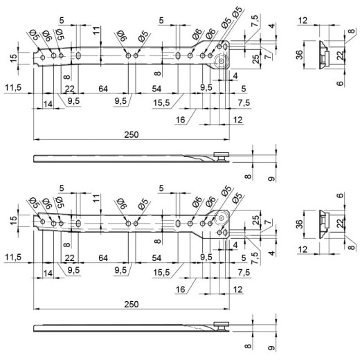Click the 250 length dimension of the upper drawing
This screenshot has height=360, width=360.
pyautogui.click(x=132, y=134)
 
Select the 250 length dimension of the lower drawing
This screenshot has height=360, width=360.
pyautogui.click(x=132, y=305)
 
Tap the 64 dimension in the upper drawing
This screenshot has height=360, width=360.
pyautogui.click(x=103, y=89)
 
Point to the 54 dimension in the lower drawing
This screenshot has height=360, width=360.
pyautogui.click(x=156, y=258)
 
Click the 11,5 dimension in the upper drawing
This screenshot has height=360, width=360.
pyautogui.click(x=13, y=88)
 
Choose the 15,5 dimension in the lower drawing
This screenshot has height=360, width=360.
pyautogui.click(x=161, y=272)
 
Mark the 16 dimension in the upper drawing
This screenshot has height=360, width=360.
pyautogui.click(x=180, y=120)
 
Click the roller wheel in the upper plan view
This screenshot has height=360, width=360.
pyautogui.click(x=222, y=61)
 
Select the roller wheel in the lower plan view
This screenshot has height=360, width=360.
pyautogui.click(x=222, y=218)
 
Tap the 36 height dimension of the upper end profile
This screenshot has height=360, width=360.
pyautogui.click(x=299, y=55)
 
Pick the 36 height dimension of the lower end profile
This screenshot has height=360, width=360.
pyautogui.click(x=299, y=224)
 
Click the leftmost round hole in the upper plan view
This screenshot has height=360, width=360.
pyautogui.click(x=43, y=57)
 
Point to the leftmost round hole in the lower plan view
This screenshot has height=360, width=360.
pyautogui.click(x=43, y=222)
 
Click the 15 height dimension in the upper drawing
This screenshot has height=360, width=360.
pyautogui.click(x=14, y=57)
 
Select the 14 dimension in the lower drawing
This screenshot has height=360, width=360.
pyautogui.click(x=48, y=273)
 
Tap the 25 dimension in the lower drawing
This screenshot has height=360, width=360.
pyautogui.click(x=256, y=220)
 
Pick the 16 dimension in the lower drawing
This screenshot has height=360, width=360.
pyautogui.click(x=180, y=289)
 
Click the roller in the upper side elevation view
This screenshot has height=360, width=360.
pyautogui.click(x=222, y=156)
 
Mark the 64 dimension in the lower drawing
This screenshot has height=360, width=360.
pyautogui.click(x=103, y=258)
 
